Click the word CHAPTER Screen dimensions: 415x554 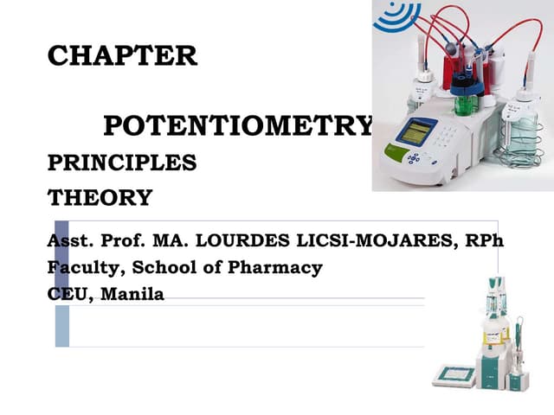(122, 56)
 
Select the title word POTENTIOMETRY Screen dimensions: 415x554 (239, 126)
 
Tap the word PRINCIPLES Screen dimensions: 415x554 (122, 163)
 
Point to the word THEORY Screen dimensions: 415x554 (100, 198)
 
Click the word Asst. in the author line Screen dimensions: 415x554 (70, 241)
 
